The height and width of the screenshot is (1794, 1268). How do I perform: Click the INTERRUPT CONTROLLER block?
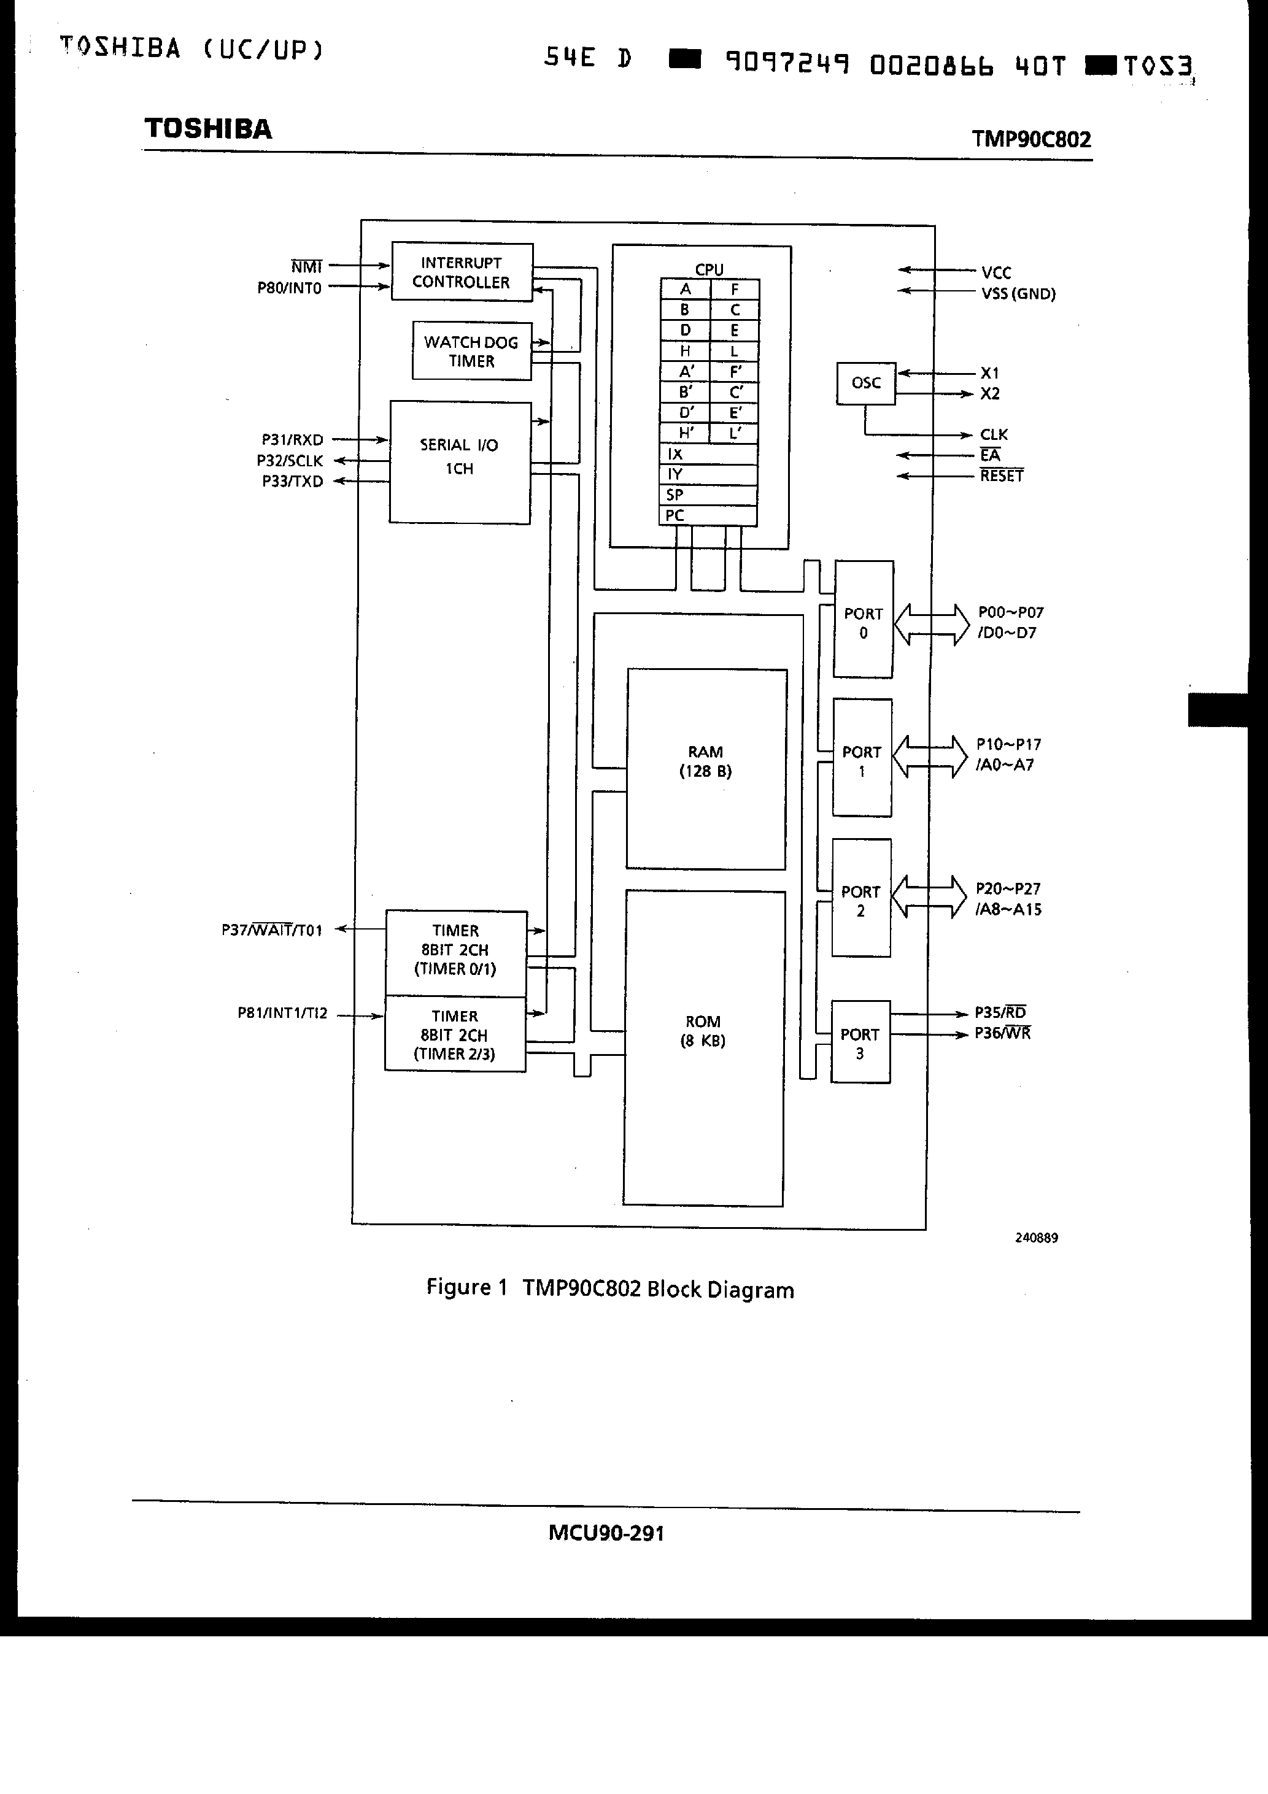(462, 272)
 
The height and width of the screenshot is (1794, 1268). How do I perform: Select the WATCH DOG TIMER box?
(471, 351)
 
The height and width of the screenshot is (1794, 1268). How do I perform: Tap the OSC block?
(865, 383)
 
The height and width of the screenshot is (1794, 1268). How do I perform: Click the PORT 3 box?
(860, 1042)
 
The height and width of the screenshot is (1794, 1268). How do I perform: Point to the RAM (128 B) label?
(705, 761)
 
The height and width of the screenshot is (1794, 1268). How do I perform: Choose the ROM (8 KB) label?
(703, 1031)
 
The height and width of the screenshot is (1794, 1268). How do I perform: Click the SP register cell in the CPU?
(708, 495)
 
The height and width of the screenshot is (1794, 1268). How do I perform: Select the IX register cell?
(708, 454)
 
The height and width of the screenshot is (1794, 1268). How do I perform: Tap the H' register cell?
(685, 433)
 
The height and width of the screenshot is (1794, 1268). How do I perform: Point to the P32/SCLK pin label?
(290, 461)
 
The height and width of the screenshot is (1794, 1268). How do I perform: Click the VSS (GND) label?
(1018, 294)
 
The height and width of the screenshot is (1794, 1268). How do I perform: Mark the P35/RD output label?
(1000, 1012)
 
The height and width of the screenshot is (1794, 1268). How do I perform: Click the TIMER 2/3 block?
(455, 1034)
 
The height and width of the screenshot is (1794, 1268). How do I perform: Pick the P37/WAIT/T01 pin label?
(272, 930)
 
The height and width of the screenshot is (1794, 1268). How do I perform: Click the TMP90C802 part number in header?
(1030, 139)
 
